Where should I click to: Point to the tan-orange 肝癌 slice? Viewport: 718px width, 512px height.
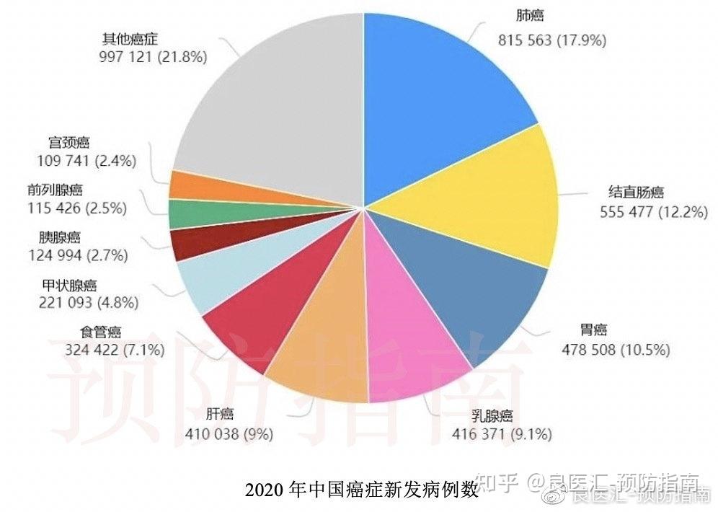[324, 346]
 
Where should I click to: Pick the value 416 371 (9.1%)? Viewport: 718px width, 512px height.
[502, 434]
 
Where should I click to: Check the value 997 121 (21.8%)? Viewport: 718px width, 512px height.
[153, 56]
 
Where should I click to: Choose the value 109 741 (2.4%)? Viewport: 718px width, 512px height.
[86, 162]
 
